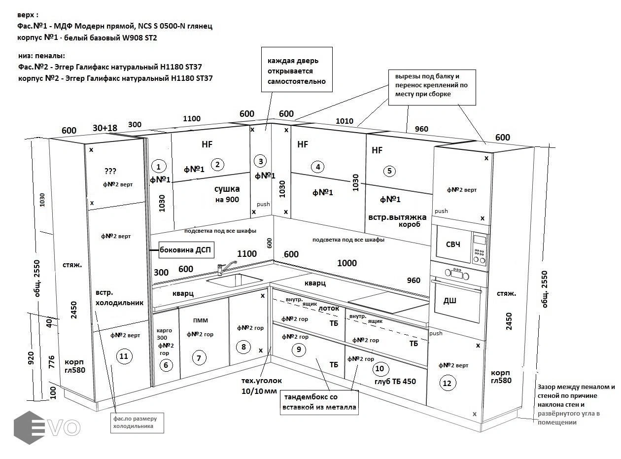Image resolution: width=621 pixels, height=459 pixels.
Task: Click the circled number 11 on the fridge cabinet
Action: [x=124, y=356]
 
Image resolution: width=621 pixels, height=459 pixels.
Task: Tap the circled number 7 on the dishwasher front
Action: [x=199, y=358]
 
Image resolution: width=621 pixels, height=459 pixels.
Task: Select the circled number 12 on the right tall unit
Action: [x=447, y=383]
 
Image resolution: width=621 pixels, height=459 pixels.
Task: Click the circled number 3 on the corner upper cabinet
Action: [x=261, y=161]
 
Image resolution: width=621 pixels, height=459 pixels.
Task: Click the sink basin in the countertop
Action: [x=235, y=280]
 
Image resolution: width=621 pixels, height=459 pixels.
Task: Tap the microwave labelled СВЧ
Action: [x=460, y=243]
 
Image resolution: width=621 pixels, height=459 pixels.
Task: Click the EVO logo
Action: [x=47, y=427]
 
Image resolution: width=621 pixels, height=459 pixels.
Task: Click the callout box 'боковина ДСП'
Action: [x=185, y=250]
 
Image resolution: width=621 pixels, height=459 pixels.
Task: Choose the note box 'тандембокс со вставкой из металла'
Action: [x=318, y=402]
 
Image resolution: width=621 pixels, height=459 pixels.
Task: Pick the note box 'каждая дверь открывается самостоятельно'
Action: [x=296, y=71]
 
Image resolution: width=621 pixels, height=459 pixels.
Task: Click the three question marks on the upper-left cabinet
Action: [x=110, y=171]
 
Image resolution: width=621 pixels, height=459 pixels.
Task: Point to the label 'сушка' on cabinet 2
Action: [x=227, y=189]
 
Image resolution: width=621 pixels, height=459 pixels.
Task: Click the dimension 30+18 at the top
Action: [x=105, y=128]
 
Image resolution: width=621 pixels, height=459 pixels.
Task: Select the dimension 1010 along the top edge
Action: [x=345, y=121]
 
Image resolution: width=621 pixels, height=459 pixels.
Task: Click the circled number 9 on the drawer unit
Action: [x=298, y=350]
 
